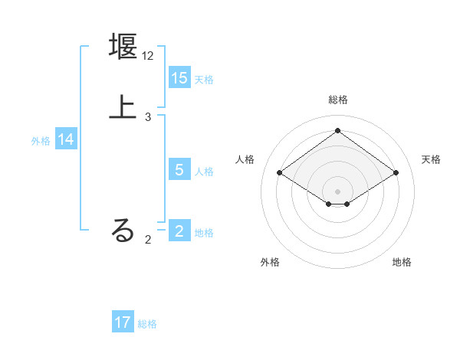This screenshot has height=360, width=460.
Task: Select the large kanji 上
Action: [x=123, y=106]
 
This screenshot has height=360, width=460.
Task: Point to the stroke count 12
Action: [x=149, y=57]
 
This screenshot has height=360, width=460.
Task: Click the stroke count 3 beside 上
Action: [x=148, y=117]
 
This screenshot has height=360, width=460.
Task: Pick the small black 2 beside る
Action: [x=148, y=239]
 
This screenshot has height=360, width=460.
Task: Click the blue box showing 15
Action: [x=179, y=77]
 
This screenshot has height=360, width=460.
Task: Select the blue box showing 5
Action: [x=179, y=170]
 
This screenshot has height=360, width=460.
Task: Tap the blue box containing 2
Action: [x=179, y=231]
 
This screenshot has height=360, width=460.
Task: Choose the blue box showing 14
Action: [x=66, y=139]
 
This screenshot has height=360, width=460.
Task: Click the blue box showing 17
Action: [x=123, y=322]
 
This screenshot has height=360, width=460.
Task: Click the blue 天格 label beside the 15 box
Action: [x=204, y=80]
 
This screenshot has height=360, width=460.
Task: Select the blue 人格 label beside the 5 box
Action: [x=204, y=172]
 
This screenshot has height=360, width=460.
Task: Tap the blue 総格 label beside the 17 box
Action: [x=147, y=324]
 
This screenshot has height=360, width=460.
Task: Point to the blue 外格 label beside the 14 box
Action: [x=41, y=141]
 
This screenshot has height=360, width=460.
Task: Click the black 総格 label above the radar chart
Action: [x=337, y=100]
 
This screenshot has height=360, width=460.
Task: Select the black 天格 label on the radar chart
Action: [x=431, y=159]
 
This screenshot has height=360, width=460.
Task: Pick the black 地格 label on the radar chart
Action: [x=402, y=262]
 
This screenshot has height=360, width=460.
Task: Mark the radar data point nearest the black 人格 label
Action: [x=280, y=173]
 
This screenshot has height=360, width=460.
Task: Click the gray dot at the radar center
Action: [x=337, y=191]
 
